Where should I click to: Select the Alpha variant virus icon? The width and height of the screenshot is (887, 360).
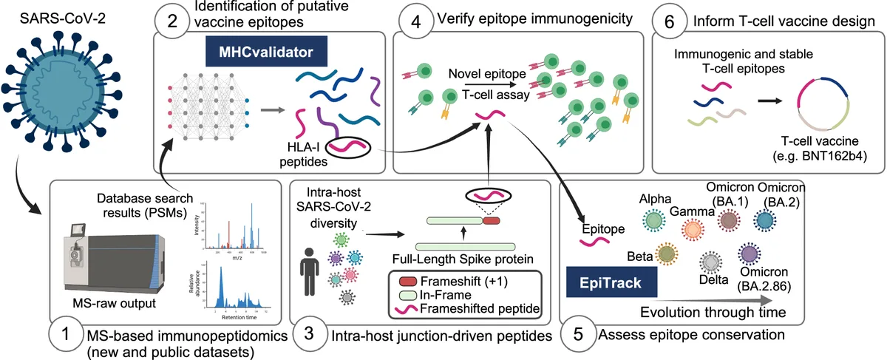coord(655,220)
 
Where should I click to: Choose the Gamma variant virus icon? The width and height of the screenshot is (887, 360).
coord(693,231)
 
